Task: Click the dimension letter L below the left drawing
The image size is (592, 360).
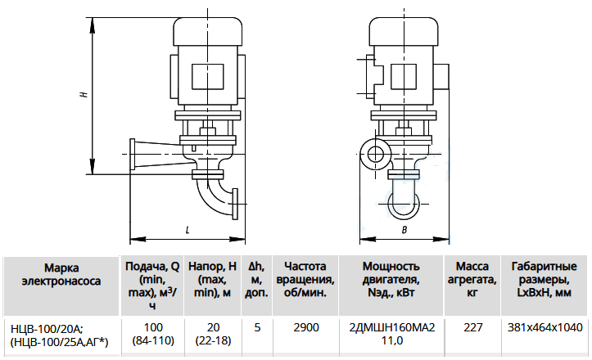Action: [188, 230]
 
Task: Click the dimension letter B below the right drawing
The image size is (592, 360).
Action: [404, 230]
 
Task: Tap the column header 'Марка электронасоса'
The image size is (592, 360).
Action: [61, 274]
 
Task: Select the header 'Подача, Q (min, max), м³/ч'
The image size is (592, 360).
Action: [152, 286]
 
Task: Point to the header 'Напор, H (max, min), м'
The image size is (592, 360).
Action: [212, 279]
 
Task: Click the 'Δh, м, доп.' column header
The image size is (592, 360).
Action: [257, 279]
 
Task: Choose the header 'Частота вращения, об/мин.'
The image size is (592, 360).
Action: [305, 279]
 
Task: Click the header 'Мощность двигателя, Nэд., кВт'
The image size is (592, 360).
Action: [391, 279]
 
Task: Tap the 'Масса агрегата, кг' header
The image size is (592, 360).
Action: [472, 279]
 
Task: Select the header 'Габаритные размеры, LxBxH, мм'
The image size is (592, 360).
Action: [544, 279]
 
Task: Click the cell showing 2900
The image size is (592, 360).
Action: [306, 327]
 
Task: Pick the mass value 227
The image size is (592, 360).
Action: [473, 327]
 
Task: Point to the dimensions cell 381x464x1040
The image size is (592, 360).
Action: [545, 327]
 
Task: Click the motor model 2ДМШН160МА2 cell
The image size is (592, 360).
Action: [392, 327]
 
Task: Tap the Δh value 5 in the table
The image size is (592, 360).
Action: [257, 327]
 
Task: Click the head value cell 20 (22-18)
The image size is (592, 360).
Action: [213, 334]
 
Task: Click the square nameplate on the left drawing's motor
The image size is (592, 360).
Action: [207, 77]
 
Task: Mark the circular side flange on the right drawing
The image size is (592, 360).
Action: [375, 154]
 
